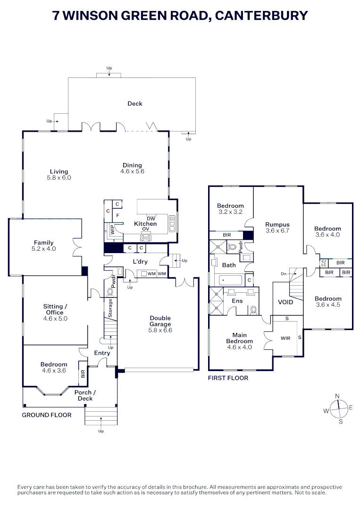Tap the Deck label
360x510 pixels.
(135, 103)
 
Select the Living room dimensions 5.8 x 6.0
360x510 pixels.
(59, 178)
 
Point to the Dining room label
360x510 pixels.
(132, 165)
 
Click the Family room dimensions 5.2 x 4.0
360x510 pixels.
(43, 248)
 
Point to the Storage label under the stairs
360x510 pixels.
(110, 307)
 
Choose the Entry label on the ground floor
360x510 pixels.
(102, 353)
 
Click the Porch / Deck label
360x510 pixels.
(85, 395)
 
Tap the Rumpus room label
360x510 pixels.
(277, 224)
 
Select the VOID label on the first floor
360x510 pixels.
(285, 302)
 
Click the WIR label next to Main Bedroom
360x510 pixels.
(285, 338)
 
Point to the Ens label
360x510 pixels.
(237, 301)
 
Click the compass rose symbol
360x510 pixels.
(339, 408)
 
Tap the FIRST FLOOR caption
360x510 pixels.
(228, 378)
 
